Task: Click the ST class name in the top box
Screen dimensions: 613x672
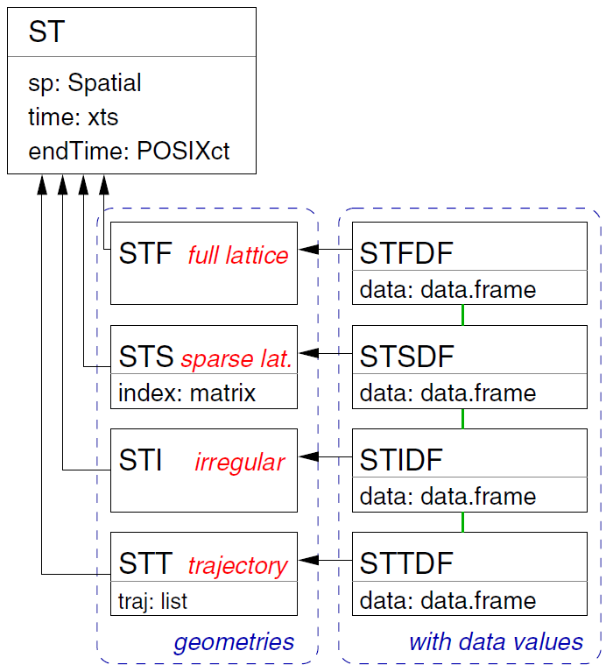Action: (46, 32)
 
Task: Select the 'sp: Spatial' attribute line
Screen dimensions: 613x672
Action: (84, 82)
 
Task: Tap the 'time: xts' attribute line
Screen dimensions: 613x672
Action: (73, 117)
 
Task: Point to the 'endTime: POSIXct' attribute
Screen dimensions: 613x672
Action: (129, 151)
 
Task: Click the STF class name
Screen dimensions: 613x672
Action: (145, 253)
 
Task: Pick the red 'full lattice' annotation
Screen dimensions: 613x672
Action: (238, 255)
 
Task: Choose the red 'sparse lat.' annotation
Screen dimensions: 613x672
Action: (236, 358)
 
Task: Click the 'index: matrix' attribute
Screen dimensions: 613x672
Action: (187, 393)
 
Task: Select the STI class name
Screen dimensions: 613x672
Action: (140, 460)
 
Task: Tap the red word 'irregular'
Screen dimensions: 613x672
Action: (240, 463)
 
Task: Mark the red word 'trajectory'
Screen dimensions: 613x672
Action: (237, 566)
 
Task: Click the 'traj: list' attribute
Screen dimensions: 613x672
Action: (152, 601)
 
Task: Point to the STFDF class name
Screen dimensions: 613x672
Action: (406, 253)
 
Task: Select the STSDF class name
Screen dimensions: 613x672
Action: (406, 356)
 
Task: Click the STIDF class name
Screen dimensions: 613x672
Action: (401, 460)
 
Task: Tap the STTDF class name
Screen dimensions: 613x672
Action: (406, 563)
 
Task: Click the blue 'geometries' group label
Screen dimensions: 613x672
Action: (234, 642)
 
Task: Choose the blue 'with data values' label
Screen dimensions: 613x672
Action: (496, 641)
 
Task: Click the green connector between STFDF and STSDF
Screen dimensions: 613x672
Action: (462, 315)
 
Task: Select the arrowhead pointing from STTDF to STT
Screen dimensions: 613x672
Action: (308, 560)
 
